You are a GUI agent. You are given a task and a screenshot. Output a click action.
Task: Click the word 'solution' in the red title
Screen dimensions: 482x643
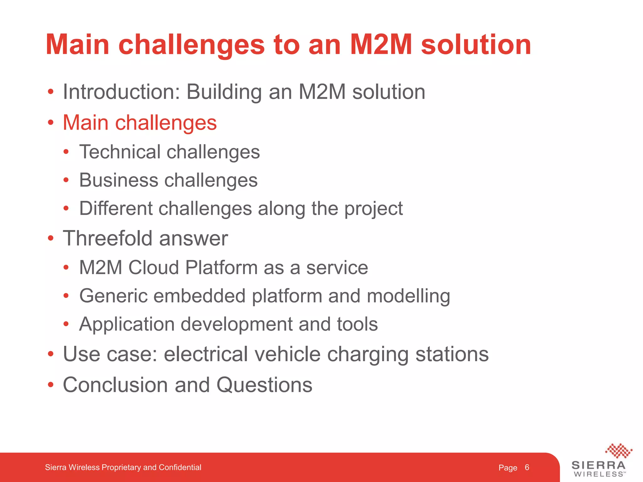475,45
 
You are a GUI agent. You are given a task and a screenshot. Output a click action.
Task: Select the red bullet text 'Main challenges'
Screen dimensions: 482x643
140,122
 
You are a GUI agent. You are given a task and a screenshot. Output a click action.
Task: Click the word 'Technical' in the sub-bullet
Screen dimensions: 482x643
120,152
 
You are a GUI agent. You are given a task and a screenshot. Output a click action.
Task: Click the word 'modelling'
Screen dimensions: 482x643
408,296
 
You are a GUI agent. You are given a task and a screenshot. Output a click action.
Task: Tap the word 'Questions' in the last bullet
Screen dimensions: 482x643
264,385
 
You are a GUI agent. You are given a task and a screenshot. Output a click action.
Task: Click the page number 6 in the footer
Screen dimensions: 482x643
527,467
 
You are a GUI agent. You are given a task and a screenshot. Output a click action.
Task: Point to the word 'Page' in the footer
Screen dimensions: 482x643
508,468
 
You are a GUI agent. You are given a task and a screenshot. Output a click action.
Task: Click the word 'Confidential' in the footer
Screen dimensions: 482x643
180,467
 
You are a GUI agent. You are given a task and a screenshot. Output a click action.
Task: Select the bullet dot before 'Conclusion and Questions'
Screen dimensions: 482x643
51,385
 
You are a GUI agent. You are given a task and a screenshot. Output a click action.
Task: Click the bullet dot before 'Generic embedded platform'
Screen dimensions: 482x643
66,296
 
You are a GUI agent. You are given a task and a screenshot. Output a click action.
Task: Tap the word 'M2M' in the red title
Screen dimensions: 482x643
381,45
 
